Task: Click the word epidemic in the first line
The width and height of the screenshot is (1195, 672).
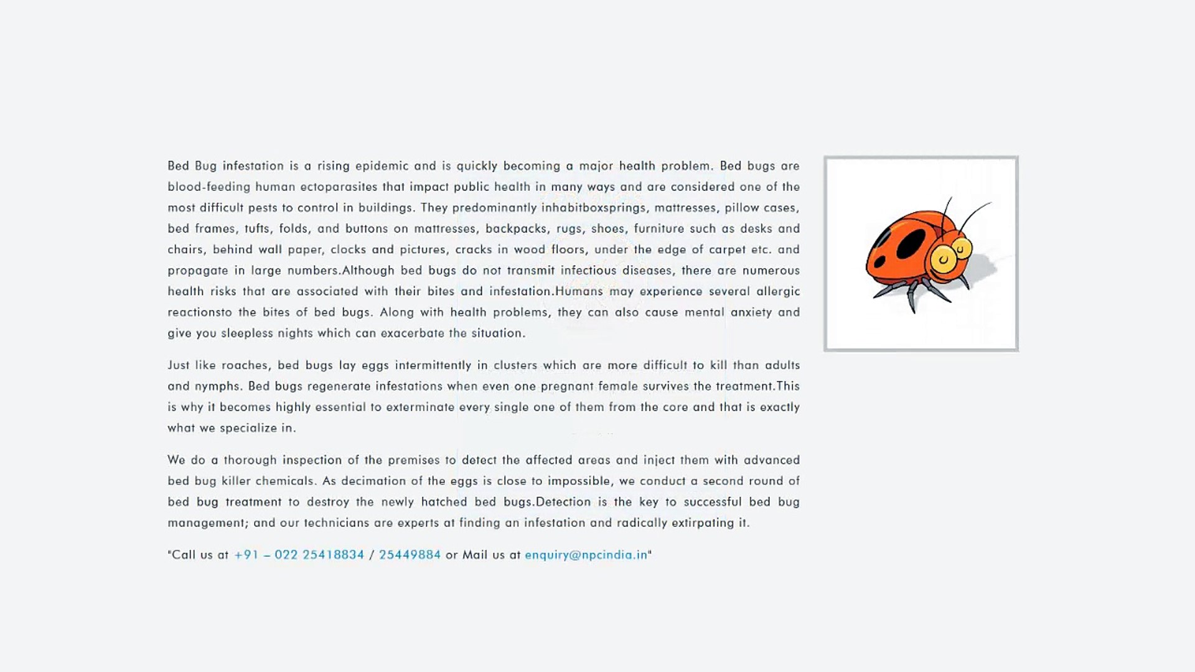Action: point(382,166)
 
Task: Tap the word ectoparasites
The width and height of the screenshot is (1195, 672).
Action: point(339,187)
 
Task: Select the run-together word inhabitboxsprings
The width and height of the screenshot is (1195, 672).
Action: point(594,208)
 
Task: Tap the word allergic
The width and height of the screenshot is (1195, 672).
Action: point(778,291)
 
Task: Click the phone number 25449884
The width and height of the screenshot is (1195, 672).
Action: point(410,555)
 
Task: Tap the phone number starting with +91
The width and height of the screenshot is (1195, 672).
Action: point(299,555)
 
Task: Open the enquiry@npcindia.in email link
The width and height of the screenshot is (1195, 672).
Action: point(586,555)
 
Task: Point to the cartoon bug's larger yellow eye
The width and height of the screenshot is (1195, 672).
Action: point(944,258)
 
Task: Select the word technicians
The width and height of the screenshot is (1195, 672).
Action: point(336,523)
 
